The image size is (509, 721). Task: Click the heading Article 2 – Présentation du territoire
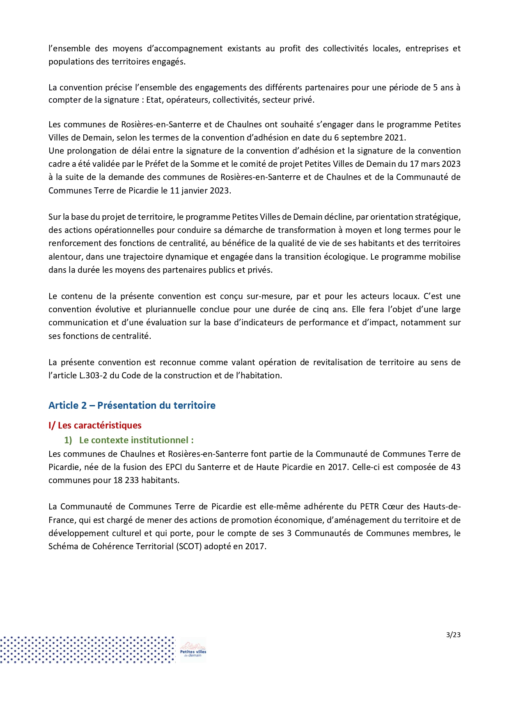[x=132, y=405]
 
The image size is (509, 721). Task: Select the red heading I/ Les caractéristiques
[x=95, y=426]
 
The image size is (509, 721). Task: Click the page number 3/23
[x=453, y=635]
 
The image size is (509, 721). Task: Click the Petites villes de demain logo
[x=193, y=650]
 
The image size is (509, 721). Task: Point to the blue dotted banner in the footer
[x=87, y=650]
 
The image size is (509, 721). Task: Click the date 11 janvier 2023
[x=200, y=191]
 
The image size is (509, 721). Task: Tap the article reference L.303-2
[x=93, y=375]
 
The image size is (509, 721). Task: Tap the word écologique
[x=346, y=257]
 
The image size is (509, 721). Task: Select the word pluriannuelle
[x=170, y=309]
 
